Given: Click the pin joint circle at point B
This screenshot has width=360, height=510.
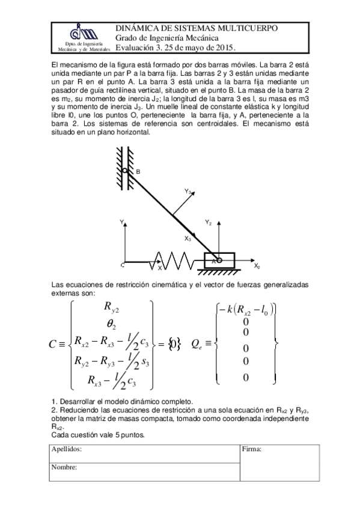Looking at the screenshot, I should coord(126,171).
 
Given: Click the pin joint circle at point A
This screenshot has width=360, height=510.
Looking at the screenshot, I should coord(219,260).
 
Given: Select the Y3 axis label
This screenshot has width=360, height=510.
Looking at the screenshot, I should coord(188,191).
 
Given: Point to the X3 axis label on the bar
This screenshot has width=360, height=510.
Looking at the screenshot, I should coord(188,239).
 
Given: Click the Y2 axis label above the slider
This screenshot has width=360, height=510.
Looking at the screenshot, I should coord(208,223).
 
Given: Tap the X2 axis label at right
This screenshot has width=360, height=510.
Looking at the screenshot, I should coord(257,266).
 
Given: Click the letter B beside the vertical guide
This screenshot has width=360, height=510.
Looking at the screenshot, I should coord(138,173).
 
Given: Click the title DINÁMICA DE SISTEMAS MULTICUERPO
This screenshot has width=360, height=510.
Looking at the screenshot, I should coord(196,28).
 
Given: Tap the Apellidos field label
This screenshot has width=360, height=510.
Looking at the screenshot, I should coord(67,449).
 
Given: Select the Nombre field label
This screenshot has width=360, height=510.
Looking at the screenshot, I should coord(63,467).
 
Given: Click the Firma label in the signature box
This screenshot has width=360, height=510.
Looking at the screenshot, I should coord(252,449).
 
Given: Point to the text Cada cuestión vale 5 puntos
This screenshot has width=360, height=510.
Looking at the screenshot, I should coord(98,434).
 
